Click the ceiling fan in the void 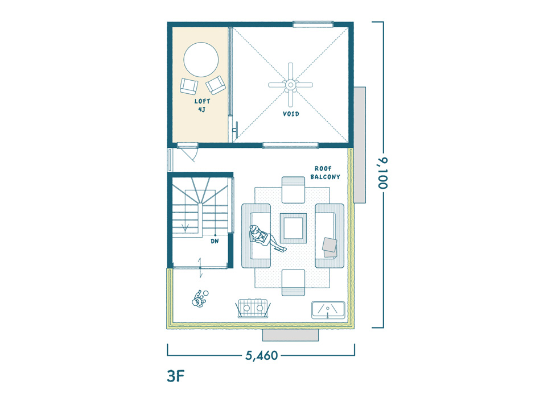tap(290, 85)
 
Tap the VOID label tap(291, 114)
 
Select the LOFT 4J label tap(202, 105)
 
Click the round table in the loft tap(201, 60)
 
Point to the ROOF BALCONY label tap(326, 173)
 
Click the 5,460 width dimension tap(262, 355)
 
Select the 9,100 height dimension tap(383, 173)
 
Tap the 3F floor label tap(176, 376)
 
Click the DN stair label tap(215, 241)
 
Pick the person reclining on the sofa tap(266, 238)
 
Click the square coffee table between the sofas tap(293, 228)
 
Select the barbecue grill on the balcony tap(253, 308)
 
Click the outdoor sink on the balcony tap(328, 310)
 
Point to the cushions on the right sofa tap(330, 247)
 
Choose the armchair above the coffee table tap(293, 190)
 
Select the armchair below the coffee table tap(293, 283)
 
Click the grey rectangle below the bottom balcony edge tap(290, 335)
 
